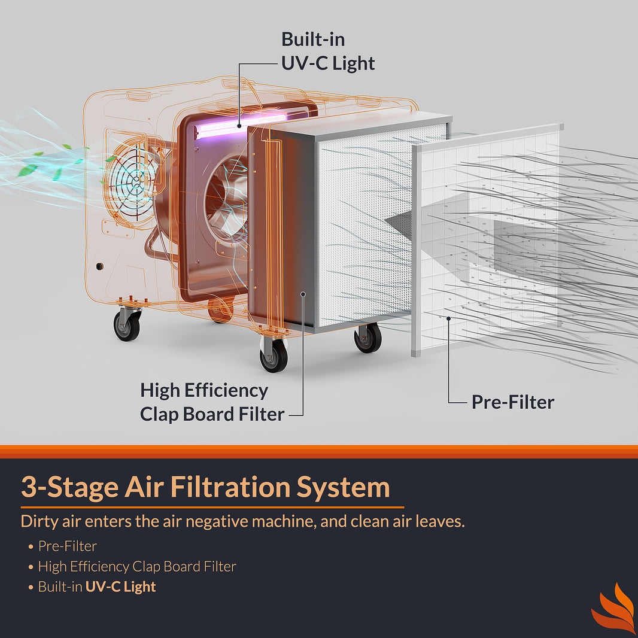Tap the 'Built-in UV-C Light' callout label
click(328, 51)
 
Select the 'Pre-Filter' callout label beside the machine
click(513, 402)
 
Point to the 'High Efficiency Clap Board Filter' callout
click(211, 402)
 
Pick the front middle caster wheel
click(274, 355)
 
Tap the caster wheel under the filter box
click(367, 338)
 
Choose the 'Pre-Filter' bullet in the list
click(67, 546)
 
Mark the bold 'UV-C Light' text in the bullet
click(120, 587)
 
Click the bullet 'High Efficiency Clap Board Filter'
click(136, 566)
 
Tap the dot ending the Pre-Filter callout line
click(448, 318)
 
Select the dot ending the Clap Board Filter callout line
click(304, 294)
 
